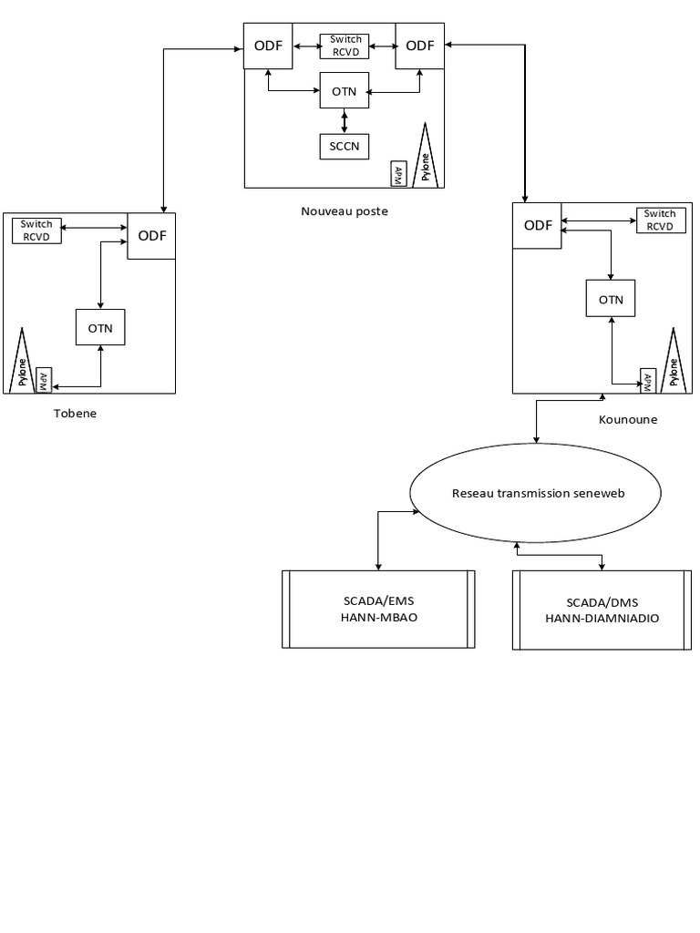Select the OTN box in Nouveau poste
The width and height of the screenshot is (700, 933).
[344, 91]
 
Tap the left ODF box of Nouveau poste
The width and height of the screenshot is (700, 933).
[268, 46]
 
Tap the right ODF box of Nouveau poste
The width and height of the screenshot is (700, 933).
[419, 46]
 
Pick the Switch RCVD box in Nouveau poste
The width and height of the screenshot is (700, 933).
[344, 46]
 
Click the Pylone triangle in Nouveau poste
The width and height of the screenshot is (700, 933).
[425, 157]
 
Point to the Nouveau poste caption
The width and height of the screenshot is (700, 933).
[344, 210]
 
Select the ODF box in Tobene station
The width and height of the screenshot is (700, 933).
[151, 236]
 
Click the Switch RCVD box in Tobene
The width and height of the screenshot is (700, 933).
[36, 231]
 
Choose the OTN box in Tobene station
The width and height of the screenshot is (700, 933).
[99, 328]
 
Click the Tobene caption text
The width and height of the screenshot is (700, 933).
[75, 413]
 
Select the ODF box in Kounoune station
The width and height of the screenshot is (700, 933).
[537, 226]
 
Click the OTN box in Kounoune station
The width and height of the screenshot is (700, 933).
[610, 299]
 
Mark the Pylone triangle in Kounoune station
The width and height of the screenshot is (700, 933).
[674, 363]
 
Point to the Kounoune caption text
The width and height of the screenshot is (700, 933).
[627, 420]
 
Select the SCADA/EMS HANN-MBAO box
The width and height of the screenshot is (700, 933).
[378, 609]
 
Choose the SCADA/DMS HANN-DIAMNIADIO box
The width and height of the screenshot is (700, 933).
[602, 610]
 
